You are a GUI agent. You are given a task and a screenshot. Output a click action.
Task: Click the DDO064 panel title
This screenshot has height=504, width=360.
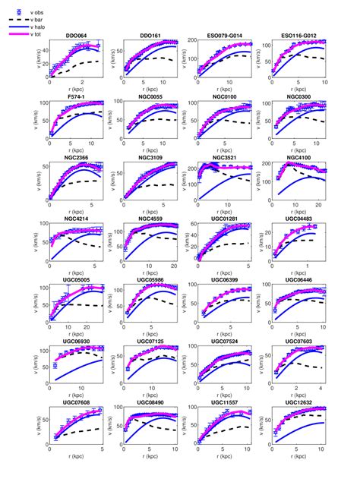[x=76, y=36]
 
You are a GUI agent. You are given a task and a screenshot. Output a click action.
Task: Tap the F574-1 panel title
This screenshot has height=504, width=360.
[x=76, y=97]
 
